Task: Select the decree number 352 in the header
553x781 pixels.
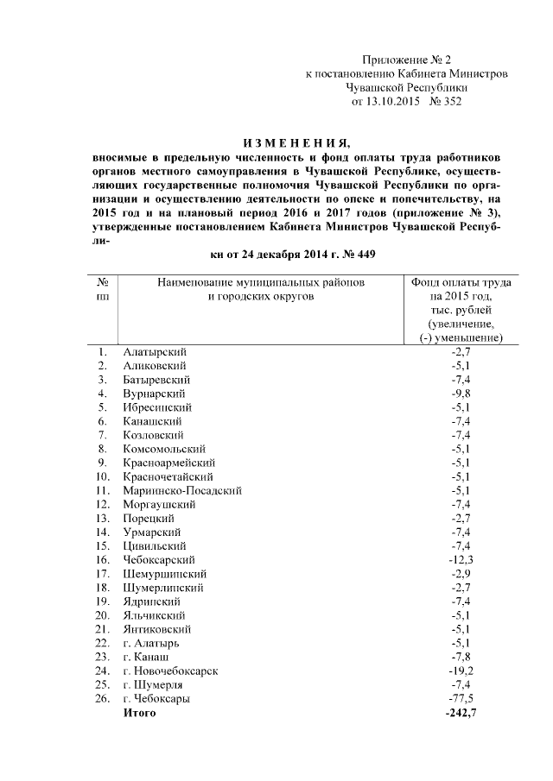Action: [452, 102]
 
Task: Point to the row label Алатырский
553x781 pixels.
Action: [155, 351]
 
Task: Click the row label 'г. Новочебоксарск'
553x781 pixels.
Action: [170, 671]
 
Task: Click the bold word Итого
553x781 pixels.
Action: [139, 713]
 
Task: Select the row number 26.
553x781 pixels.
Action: [102, 698]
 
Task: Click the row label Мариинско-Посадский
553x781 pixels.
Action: [182, 490]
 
